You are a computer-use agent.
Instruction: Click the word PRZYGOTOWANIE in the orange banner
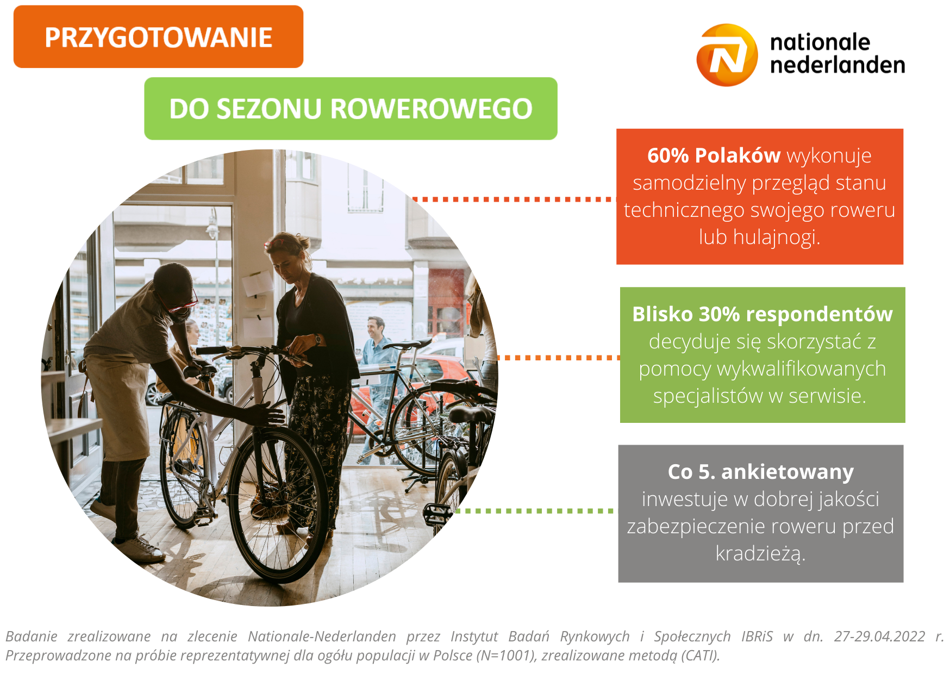tap(158, 38)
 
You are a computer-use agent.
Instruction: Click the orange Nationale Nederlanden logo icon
tap(727, 55)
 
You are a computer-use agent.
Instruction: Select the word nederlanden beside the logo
tap(837, 65)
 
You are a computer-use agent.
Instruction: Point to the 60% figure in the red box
tap(668, 155)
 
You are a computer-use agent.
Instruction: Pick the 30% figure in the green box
tap(719, 314)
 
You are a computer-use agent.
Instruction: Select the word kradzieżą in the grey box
tap(760, 554)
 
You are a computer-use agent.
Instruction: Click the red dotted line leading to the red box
tap(513, 199)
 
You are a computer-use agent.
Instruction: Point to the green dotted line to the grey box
tap(535, 511)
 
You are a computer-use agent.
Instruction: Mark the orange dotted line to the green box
tap(558, 358)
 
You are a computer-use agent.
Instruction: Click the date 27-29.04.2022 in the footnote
tap(879, 636)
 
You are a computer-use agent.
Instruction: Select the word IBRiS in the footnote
tap(757, 636)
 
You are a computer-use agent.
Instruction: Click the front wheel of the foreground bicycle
tap(278, 503)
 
